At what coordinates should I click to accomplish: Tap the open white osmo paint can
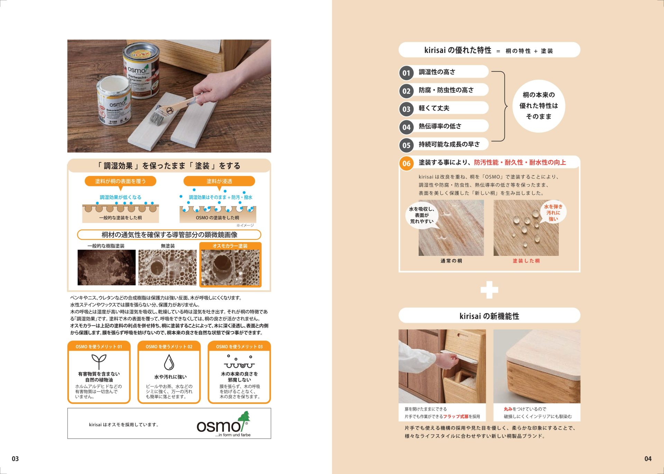pos(114,101)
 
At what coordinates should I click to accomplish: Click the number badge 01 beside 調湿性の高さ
pos(406,73)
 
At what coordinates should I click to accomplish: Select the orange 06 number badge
pos(406,163)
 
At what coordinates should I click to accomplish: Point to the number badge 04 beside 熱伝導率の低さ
pos(406,127)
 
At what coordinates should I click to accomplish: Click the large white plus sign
pos(489,290)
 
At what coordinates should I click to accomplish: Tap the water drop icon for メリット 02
pos(169,362)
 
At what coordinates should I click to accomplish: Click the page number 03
pos(15,459)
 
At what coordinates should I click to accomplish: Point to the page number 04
pos(648,459)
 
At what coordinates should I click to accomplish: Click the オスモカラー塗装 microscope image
pos(230,268)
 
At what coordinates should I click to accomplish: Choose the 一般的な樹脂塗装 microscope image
pos(107,268)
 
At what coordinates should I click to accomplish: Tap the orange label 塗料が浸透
pos(219,181)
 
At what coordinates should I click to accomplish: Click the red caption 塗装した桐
pos(526,261)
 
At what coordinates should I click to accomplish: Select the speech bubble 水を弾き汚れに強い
pos(553,213)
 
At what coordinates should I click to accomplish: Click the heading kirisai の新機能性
pos(489,316)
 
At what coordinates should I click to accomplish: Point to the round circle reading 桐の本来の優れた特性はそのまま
pos(539,106)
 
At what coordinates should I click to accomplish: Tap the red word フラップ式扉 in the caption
pos(456,417)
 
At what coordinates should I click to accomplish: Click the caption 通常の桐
pos(451,261)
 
